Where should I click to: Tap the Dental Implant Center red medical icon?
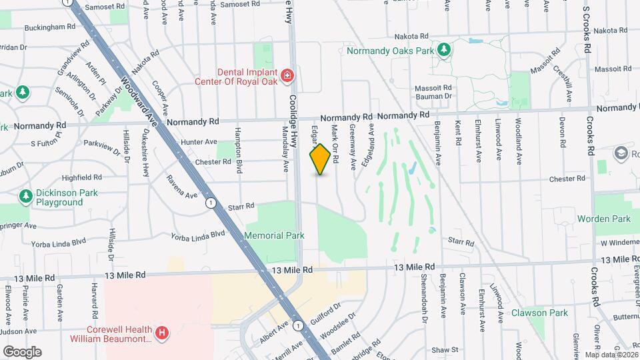tap(287, 77)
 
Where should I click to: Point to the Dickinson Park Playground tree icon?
tap(26, 197)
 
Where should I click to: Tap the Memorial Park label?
tap(274, 235)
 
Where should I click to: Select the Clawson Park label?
tap(539, 313)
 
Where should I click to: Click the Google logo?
tap(22, 351)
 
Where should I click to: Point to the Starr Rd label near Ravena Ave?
tap(241, 207)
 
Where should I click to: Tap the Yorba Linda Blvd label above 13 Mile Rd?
tap(198, 235)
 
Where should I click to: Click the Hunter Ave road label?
tap(199, 141)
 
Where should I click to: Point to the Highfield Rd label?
tap(81, 177)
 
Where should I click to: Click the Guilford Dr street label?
tap(325, 308)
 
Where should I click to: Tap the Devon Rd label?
tap(562, 131)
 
